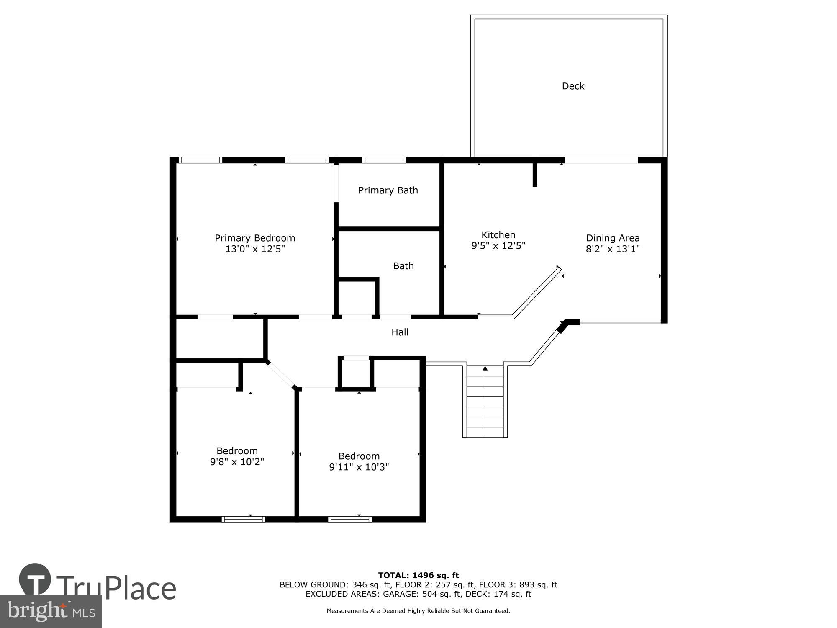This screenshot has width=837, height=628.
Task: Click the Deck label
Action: click(x=573, y=86)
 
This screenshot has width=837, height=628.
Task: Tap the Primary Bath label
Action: click(x=388, y=190)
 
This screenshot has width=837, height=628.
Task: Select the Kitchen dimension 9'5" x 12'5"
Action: click(x=498, y=246)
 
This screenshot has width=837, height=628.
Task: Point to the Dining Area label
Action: click(x=613, y=238)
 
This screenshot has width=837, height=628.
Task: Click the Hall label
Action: click(x=400, y=332)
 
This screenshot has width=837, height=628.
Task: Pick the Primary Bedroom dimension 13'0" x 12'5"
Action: click(x=255, y=249)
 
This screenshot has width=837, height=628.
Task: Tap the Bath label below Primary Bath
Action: click(x=403, y=266)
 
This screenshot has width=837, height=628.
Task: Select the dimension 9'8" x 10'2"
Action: click(x=237, y=462)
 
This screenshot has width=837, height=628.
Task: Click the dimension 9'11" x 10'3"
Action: click(x=359, y=467)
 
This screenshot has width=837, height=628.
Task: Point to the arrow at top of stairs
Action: click(x=485, y=368)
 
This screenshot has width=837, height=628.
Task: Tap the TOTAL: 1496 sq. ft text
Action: click(x=418, y=575)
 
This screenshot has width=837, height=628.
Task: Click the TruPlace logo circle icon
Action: click(x=35, y=579)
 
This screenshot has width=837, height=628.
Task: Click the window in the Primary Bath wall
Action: click(x=384, y=160)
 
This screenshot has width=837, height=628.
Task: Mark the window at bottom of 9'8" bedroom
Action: click(x=243, y=520)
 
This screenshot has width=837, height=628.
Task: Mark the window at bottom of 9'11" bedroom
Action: click(x=350, y=520)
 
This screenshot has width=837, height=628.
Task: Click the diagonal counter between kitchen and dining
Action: click(x=537, y=293)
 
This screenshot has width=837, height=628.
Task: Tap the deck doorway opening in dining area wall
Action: click(x=601, y=160)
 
